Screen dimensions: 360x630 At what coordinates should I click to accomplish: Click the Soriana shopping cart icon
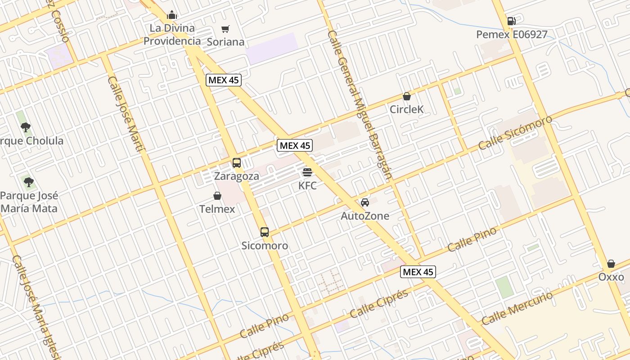[x=225, y=29]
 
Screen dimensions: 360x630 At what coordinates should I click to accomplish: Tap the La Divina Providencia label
[x=172, y=35]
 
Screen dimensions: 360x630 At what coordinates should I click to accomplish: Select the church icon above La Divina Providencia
[x=172, y=15]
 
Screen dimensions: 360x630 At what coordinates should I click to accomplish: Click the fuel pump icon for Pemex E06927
[x=511, y=21]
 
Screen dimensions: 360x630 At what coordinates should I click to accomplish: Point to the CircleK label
[x=407, y=109]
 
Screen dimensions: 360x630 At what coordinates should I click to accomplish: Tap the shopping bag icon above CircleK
[x=407, y=96]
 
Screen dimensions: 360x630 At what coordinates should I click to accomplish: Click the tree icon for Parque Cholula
[x=26, y=127]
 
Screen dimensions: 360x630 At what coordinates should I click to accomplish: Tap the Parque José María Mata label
[x=29, y=202]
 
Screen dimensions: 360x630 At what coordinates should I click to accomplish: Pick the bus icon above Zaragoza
[x=237, y=163]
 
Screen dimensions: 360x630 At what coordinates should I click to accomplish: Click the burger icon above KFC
[x=307, y=172]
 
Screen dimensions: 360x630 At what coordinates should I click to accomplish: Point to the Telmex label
[x=217, y=209]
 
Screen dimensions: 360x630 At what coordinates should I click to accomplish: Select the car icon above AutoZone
[x=365, y=202]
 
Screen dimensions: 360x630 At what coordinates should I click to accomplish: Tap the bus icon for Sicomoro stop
[x=265, y=232]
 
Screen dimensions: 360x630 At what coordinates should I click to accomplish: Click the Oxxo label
[x=611, y=277]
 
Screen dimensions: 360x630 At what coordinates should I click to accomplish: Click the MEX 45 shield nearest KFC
[x=295, y=145]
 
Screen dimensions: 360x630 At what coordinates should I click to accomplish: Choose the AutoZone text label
[x=365, y=216]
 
